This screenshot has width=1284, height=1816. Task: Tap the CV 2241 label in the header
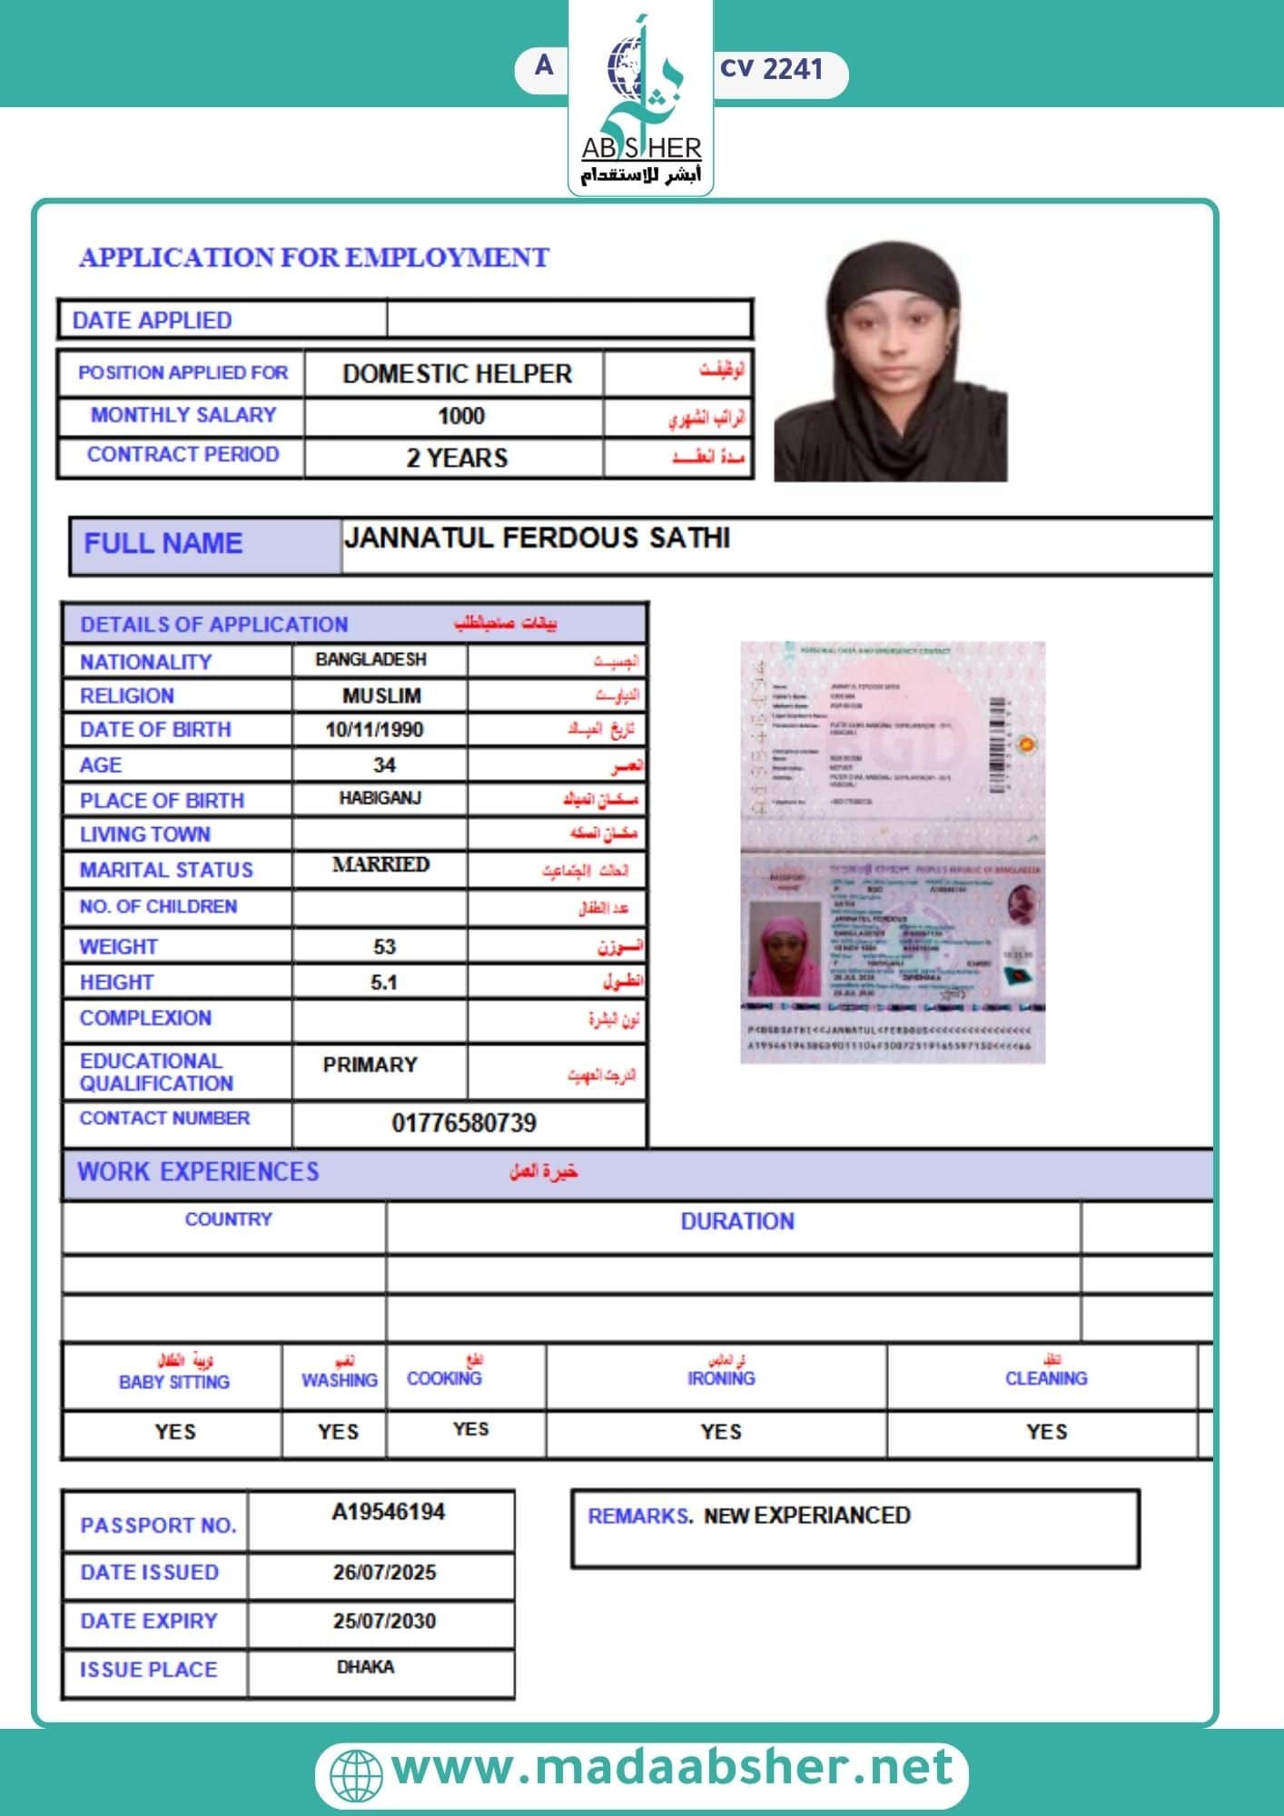tap(771, 69)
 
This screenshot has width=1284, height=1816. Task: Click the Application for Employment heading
tap(314, 258)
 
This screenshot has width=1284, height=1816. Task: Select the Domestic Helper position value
tap(457, 374)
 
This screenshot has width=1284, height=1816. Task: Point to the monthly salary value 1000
tap(460, 417)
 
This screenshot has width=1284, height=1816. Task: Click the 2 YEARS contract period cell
tap(457, 458)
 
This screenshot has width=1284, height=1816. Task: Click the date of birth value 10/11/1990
tap(374, 730)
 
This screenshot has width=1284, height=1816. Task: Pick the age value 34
tap(384, 765)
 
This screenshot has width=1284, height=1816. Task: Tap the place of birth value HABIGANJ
tap(380, 798)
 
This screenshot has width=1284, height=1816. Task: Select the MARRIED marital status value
tap(380, 864)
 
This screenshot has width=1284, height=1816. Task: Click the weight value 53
tap(384, 947)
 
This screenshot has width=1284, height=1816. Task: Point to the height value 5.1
tap(384, 982)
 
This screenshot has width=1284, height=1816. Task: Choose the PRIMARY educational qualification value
tap(370, 1064)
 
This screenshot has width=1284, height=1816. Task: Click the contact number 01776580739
tap(464, 1123)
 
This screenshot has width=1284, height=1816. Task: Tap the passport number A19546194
tap(388, 1512)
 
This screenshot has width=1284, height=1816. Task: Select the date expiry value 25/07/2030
tap(384, 1621)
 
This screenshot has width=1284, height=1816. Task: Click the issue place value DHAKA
tap(365, 1667)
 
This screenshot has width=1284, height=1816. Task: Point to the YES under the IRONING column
tap(721, 1432)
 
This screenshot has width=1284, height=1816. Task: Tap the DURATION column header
tap(737, 1221)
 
